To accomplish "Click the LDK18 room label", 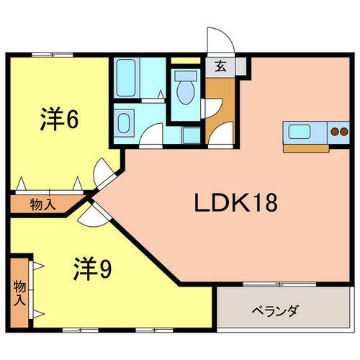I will click(235, 204).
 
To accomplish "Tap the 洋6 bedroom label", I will click(58, 119).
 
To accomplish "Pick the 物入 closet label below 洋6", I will click(42, 205).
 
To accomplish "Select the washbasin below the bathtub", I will click(124, 122).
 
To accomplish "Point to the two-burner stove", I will click(338, 131).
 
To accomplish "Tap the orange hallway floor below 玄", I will click(219, 108).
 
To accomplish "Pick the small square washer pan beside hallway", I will click(192, 136).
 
